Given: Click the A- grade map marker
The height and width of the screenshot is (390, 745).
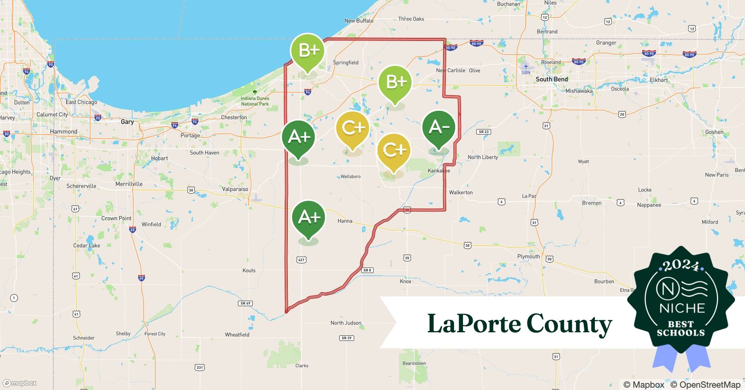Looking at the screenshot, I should tap(439, 128).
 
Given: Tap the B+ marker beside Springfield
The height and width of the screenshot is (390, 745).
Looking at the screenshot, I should tap(308, 51).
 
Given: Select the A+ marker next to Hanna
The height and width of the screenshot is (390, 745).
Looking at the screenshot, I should tap(309, 217).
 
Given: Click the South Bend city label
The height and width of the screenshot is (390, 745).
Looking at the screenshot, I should tap(552, 79).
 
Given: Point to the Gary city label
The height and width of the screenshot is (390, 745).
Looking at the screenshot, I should tap(127, 122).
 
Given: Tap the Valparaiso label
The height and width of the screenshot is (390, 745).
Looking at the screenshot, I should tap(235, 189).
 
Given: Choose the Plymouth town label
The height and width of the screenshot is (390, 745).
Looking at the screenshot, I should tap(529, 256).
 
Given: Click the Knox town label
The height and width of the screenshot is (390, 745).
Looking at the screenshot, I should tap(405, 281).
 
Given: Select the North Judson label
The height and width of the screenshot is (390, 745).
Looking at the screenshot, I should tap(346, 323).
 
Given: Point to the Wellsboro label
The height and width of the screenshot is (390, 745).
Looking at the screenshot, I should tap(350, 177).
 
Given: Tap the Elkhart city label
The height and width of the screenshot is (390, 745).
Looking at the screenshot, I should tap(659, 80).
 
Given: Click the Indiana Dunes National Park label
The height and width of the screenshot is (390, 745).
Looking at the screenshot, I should tap(255, 101).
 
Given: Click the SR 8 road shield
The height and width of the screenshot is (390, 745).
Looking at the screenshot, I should tap(367, 270).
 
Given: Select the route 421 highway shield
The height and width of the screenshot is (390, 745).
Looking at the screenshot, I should tap(301, 260).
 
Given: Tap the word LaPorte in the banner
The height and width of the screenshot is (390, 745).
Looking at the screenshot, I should tap(474, 324).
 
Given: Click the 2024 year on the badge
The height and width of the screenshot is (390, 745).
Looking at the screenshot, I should tap(681, 265).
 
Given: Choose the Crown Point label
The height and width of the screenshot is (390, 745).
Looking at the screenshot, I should tap(116, 218).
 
